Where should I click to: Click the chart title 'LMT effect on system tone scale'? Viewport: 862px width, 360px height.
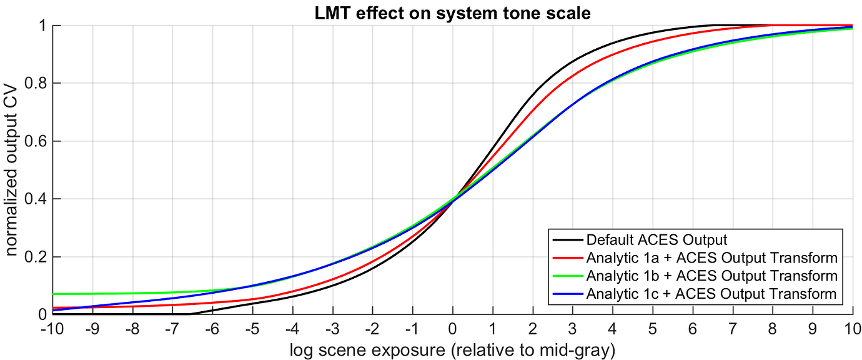(x=452, y=12)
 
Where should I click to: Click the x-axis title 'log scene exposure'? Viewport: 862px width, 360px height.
(x=452, y=349)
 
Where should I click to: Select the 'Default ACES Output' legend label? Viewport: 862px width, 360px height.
(x=656, y=239)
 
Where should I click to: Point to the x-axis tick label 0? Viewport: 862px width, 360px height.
(x=452, y=329)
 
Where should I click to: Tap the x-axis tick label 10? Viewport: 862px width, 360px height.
(x=852, y=329)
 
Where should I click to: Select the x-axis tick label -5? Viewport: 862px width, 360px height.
(x=252, y=329)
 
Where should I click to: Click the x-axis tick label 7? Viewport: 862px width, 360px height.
(x=733, y=329)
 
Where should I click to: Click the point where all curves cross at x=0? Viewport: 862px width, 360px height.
(x=453, y=199)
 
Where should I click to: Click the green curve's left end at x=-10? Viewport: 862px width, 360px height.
(x=54, y=294)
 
